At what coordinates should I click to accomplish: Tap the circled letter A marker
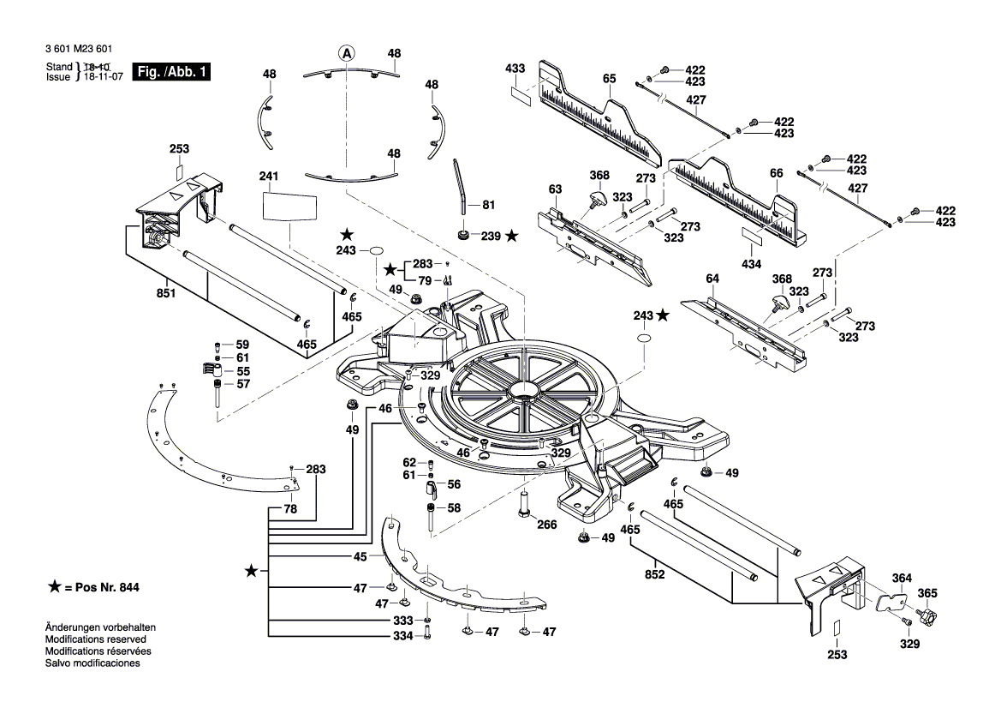(x=346, y=53)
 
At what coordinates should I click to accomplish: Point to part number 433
(x=515, y=68)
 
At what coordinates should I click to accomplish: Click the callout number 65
(x=609, y=78)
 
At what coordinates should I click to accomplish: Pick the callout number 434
(x=751, y=264)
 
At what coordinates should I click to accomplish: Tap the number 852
(x=654, y=575)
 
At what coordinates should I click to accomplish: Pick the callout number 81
(x=489, y=205)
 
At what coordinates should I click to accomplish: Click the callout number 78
(x=290, y=509)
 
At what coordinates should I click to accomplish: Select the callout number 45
(x=360, y=556)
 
